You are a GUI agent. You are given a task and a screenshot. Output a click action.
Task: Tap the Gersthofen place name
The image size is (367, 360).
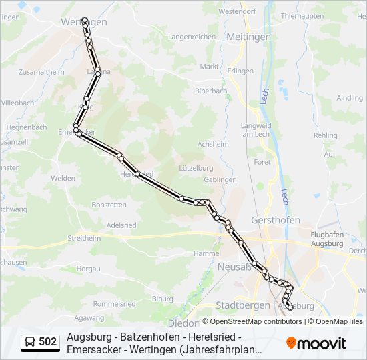click(275, 220)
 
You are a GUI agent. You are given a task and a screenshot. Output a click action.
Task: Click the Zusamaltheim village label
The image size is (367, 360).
click(42, 71)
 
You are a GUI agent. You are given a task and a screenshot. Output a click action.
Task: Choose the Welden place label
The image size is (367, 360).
click(63, 178)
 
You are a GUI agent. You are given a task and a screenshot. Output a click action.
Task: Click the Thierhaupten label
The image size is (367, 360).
click(302, 15)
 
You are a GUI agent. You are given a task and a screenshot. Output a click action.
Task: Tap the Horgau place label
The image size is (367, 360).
click(88, 268)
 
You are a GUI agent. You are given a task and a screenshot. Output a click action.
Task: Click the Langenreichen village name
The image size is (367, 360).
click(192, 37)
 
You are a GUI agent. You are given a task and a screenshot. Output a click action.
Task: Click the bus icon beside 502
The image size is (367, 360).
click(30, 342)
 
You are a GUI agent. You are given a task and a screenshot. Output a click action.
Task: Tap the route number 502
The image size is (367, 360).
click(47, 342)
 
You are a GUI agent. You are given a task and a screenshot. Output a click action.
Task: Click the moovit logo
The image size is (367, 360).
click(316, 343)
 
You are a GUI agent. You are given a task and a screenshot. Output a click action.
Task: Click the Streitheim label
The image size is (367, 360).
click(84, 237)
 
